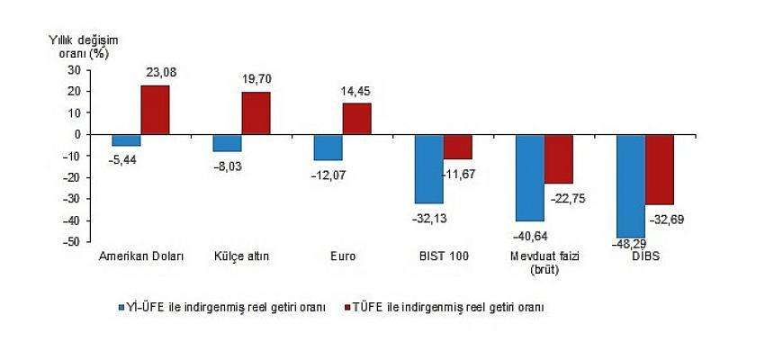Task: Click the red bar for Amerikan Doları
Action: [155, 110]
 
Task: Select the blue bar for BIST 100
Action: [429, 169]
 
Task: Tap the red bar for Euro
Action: [356, 119]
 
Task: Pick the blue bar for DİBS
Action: [631, 186]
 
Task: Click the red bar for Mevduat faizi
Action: [559, 158]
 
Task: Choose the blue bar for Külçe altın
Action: [228, 143]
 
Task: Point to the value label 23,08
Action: [161, 73]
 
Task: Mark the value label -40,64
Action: [530, 237]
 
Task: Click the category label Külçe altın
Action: [241, 256]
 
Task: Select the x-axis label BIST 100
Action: [444, 256]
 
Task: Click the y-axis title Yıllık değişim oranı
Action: [83, 48]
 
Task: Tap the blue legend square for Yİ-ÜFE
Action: [121, 308]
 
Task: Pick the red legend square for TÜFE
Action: [348, 308]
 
